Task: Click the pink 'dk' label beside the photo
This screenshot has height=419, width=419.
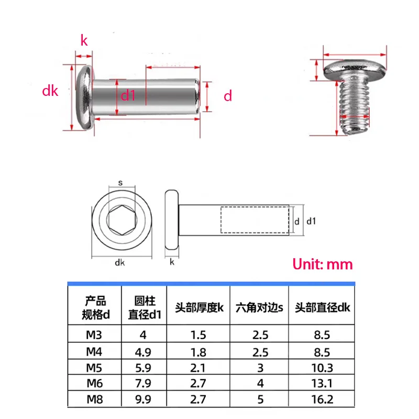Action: tap(50, 91)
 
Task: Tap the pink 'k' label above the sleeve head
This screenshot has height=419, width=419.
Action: tap(84, 40)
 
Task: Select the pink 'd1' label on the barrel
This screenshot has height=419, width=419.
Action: tap(129, 95)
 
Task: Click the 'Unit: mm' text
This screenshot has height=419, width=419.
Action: tap(322, 264)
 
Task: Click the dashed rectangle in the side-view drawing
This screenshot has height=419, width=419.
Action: tap(255, 220)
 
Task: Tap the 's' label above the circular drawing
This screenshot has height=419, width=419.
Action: tap(120, 183)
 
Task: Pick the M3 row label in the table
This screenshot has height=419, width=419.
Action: tap(94, 333)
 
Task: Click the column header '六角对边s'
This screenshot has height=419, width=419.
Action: tap(259, 307)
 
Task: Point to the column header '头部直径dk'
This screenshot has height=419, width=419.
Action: tap(322, 307)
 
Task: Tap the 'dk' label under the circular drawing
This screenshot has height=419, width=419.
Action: tap(120, 263)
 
